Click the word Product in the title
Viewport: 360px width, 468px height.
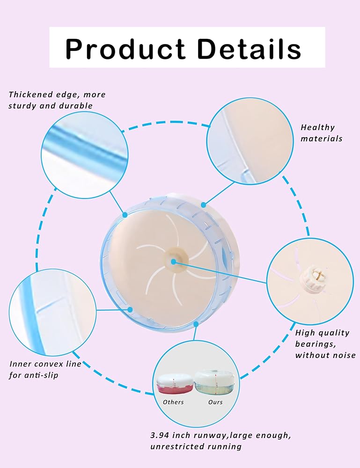pos(125,49)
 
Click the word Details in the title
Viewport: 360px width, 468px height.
pos(249,48)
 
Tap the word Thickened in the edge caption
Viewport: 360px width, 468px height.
pos(31,95)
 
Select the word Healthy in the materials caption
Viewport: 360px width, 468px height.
pos(317,127)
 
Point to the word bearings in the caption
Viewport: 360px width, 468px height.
pos(316,344)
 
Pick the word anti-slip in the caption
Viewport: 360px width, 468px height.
pos(42,375)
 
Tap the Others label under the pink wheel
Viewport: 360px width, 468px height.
pos(173,402)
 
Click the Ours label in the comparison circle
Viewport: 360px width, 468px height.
pos(215,402)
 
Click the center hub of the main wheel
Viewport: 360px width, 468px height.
pos(174,261)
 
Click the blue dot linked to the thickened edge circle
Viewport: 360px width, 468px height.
pos(125,215)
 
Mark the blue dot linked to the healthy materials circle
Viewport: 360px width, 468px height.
pos(203,205)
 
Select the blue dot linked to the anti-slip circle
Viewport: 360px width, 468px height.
pos(130,309)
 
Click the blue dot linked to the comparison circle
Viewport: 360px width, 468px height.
pos(196,324)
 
